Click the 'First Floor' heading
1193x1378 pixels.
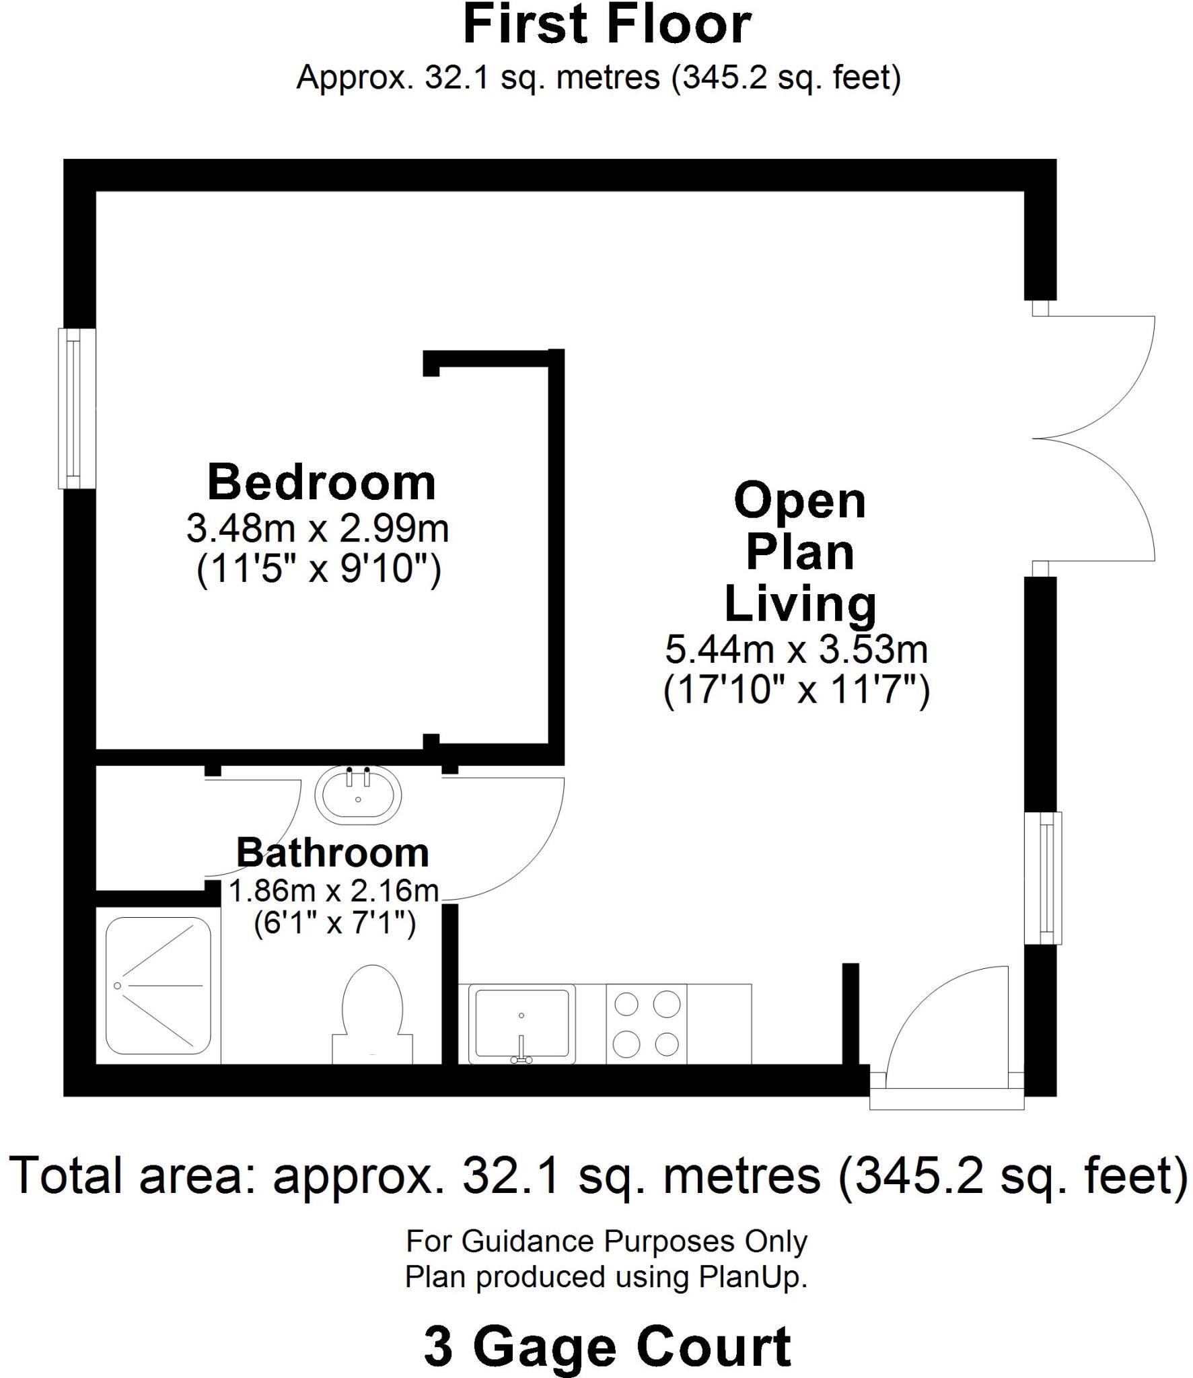[x=607, y=26]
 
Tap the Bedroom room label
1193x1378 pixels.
[x=322, y=483]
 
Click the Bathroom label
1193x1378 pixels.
[x=332, y=853]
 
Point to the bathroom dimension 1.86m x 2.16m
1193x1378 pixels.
[x=334, y=892]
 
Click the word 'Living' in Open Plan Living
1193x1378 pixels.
[x=800, y=604]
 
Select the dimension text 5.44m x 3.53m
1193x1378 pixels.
[x=797, y=650]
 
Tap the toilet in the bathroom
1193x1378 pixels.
[x=372, y=1016]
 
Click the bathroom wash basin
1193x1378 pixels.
[x=359, y=795]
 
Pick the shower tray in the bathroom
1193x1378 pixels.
[x=159, y=986]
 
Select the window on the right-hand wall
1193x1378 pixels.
[x=1044, y=878]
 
